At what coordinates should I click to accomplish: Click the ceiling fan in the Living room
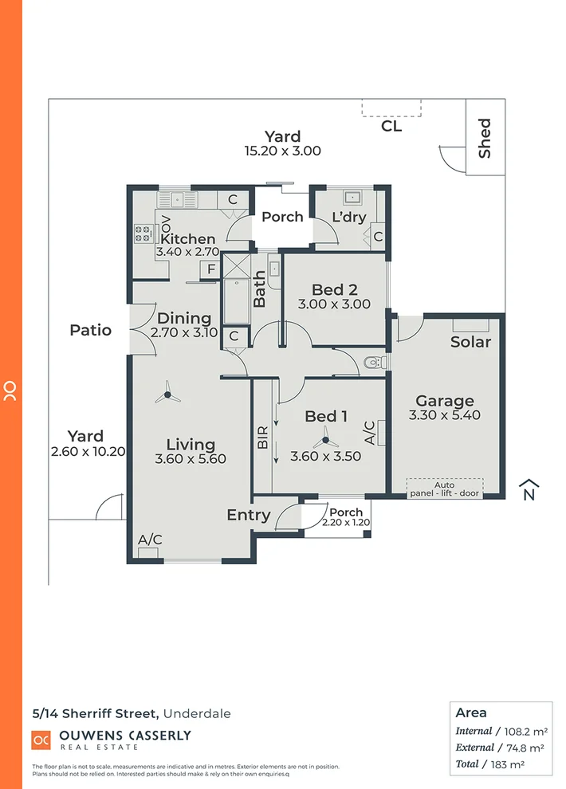169,391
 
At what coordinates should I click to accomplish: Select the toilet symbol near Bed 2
371,363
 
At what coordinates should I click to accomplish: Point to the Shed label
485,138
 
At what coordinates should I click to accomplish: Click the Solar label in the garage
470,342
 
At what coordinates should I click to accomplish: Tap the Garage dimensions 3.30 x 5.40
445,415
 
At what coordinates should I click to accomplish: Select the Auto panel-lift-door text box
445,489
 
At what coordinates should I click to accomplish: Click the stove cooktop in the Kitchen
143,233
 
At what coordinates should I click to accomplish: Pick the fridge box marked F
211,270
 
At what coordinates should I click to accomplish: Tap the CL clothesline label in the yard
391,126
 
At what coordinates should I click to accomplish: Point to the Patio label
90,330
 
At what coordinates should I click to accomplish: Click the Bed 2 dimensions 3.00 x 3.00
334,304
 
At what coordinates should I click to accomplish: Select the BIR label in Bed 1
263,442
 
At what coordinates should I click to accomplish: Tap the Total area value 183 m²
512,763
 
